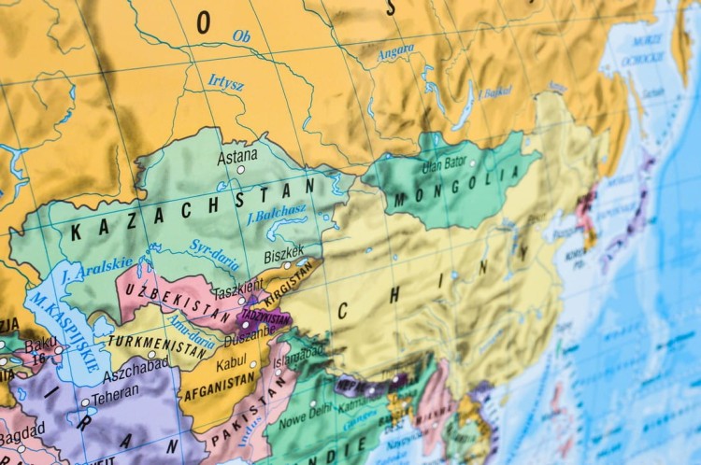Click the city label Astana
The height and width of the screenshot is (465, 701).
point(237,157)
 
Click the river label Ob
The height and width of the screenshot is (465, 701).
point(241,37)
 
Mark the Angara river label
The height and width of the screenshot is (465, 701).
point(395,53)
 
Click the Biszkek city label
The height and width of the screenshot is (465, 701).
point(284,251)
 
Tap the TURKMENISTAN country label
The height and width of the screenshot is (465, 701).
point(157,345)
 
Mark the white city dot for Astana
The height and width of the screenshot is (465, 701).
point(240,170)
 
